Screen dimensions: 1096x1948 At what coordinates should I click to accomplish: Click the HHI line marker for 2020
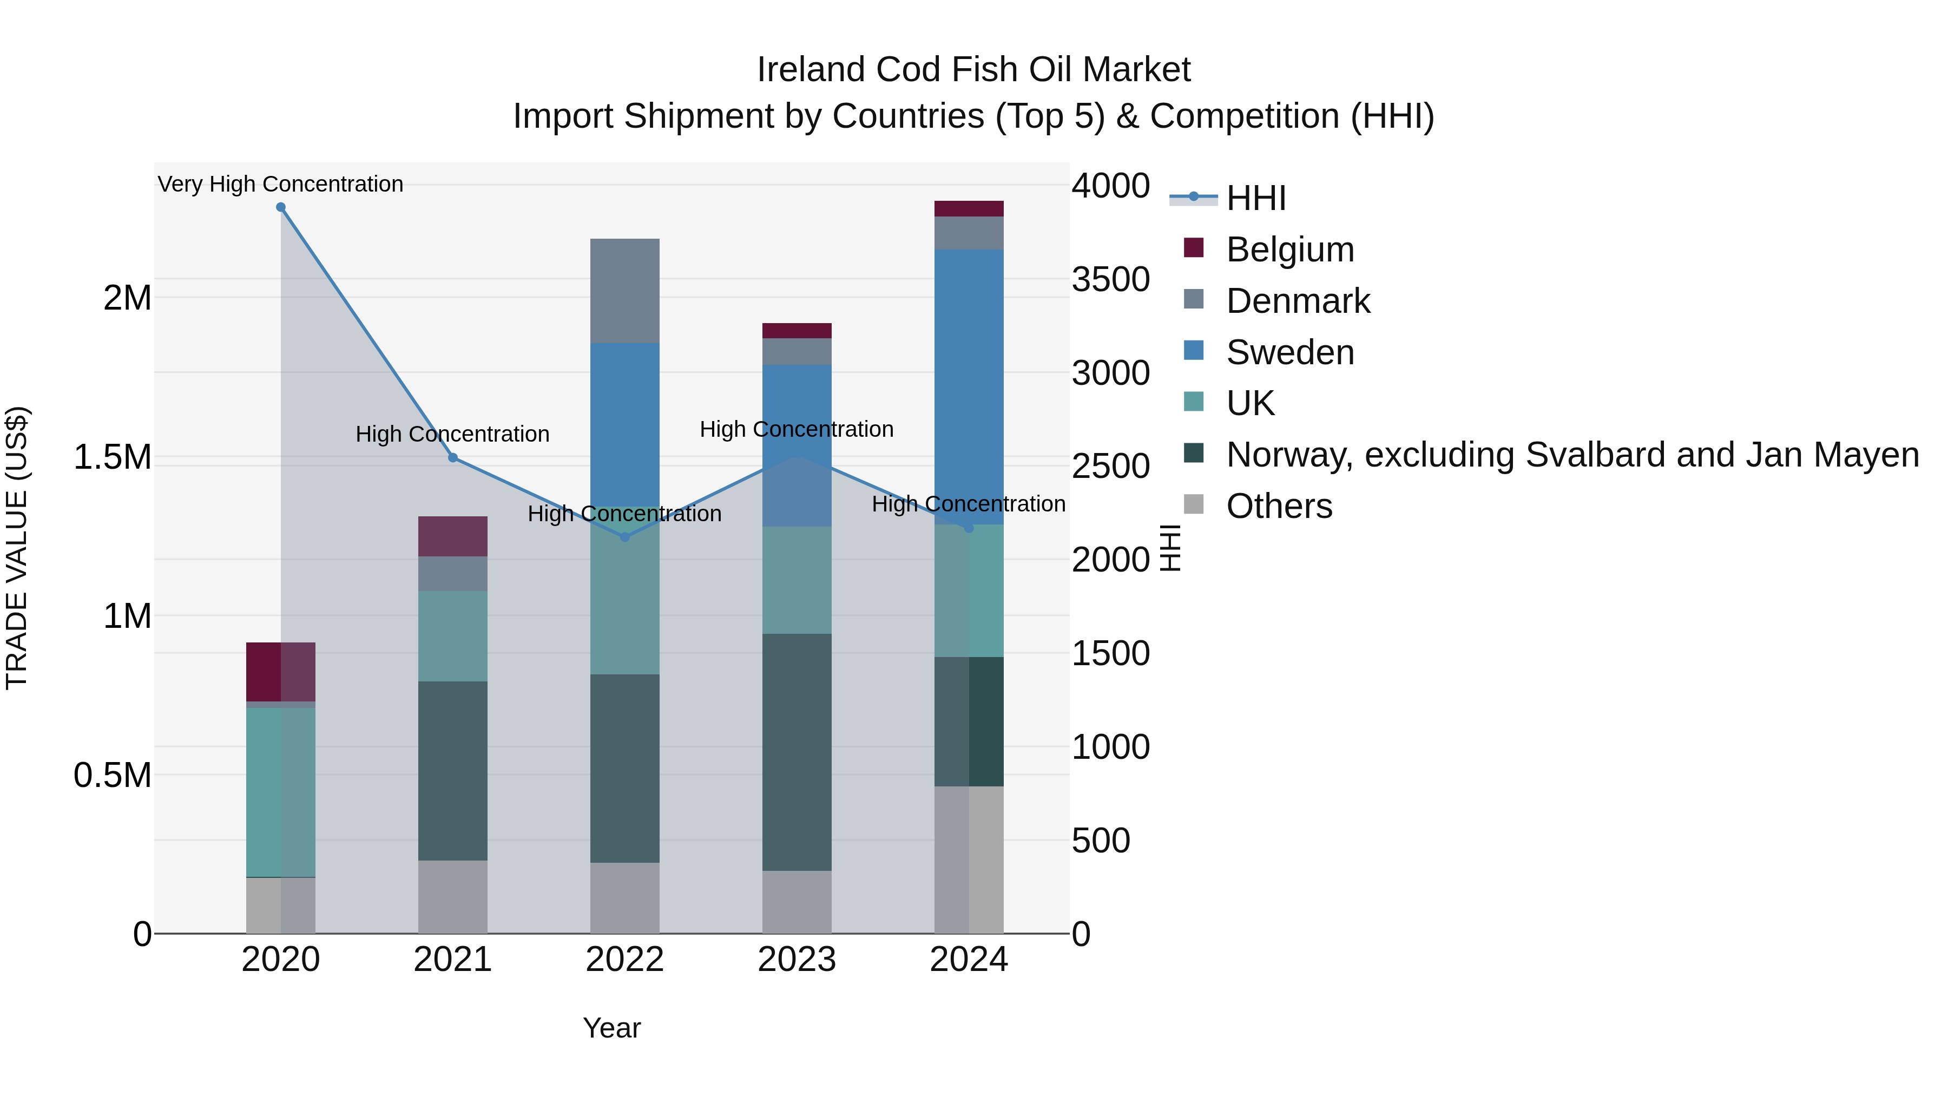point(280,207)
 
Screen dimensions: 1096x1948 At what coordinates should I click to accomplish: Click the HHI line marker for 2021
point(453,457)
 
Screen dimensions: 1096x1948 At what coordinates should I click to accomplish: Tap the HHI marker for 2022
point(624,537)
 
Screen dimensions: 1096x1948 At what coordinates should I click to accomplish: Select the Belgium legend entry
point(1289,250)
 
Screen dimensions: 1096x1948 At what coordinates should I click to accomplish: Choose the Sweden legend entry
point(1289,352)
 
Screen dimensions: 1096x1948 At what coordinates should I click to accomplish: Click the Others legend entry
point(1279,506)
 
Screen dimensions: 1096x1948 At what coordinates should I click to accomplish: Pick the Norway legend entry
point(1571,455)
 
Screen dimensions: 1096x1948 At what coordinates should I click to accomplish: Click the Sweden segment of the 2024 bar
point(969,386)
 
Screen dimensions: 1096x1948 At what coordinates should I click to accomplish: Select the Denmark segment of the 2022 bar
point(624,291)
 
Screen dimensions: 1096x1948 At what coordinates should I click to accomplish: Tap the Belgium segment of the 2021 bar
point(453,536)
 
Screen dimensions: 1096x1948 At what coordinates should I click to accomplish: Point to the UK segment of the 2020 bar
point(280,792)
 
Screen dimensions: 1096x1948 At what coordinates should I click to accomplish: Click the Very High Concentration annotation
point(280,184)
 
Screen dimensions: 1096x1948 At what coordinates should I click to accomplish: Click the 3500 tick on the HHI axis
point(1110,280)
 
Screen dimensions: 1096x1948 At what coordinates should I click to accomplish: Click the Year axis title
point(612,1028)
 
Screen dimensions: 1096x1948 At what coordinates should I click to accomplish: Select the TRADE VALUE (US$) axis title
point(17,548)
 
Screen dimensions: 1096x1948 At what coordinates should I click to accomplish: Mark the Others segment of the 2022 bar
point(624,898)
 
